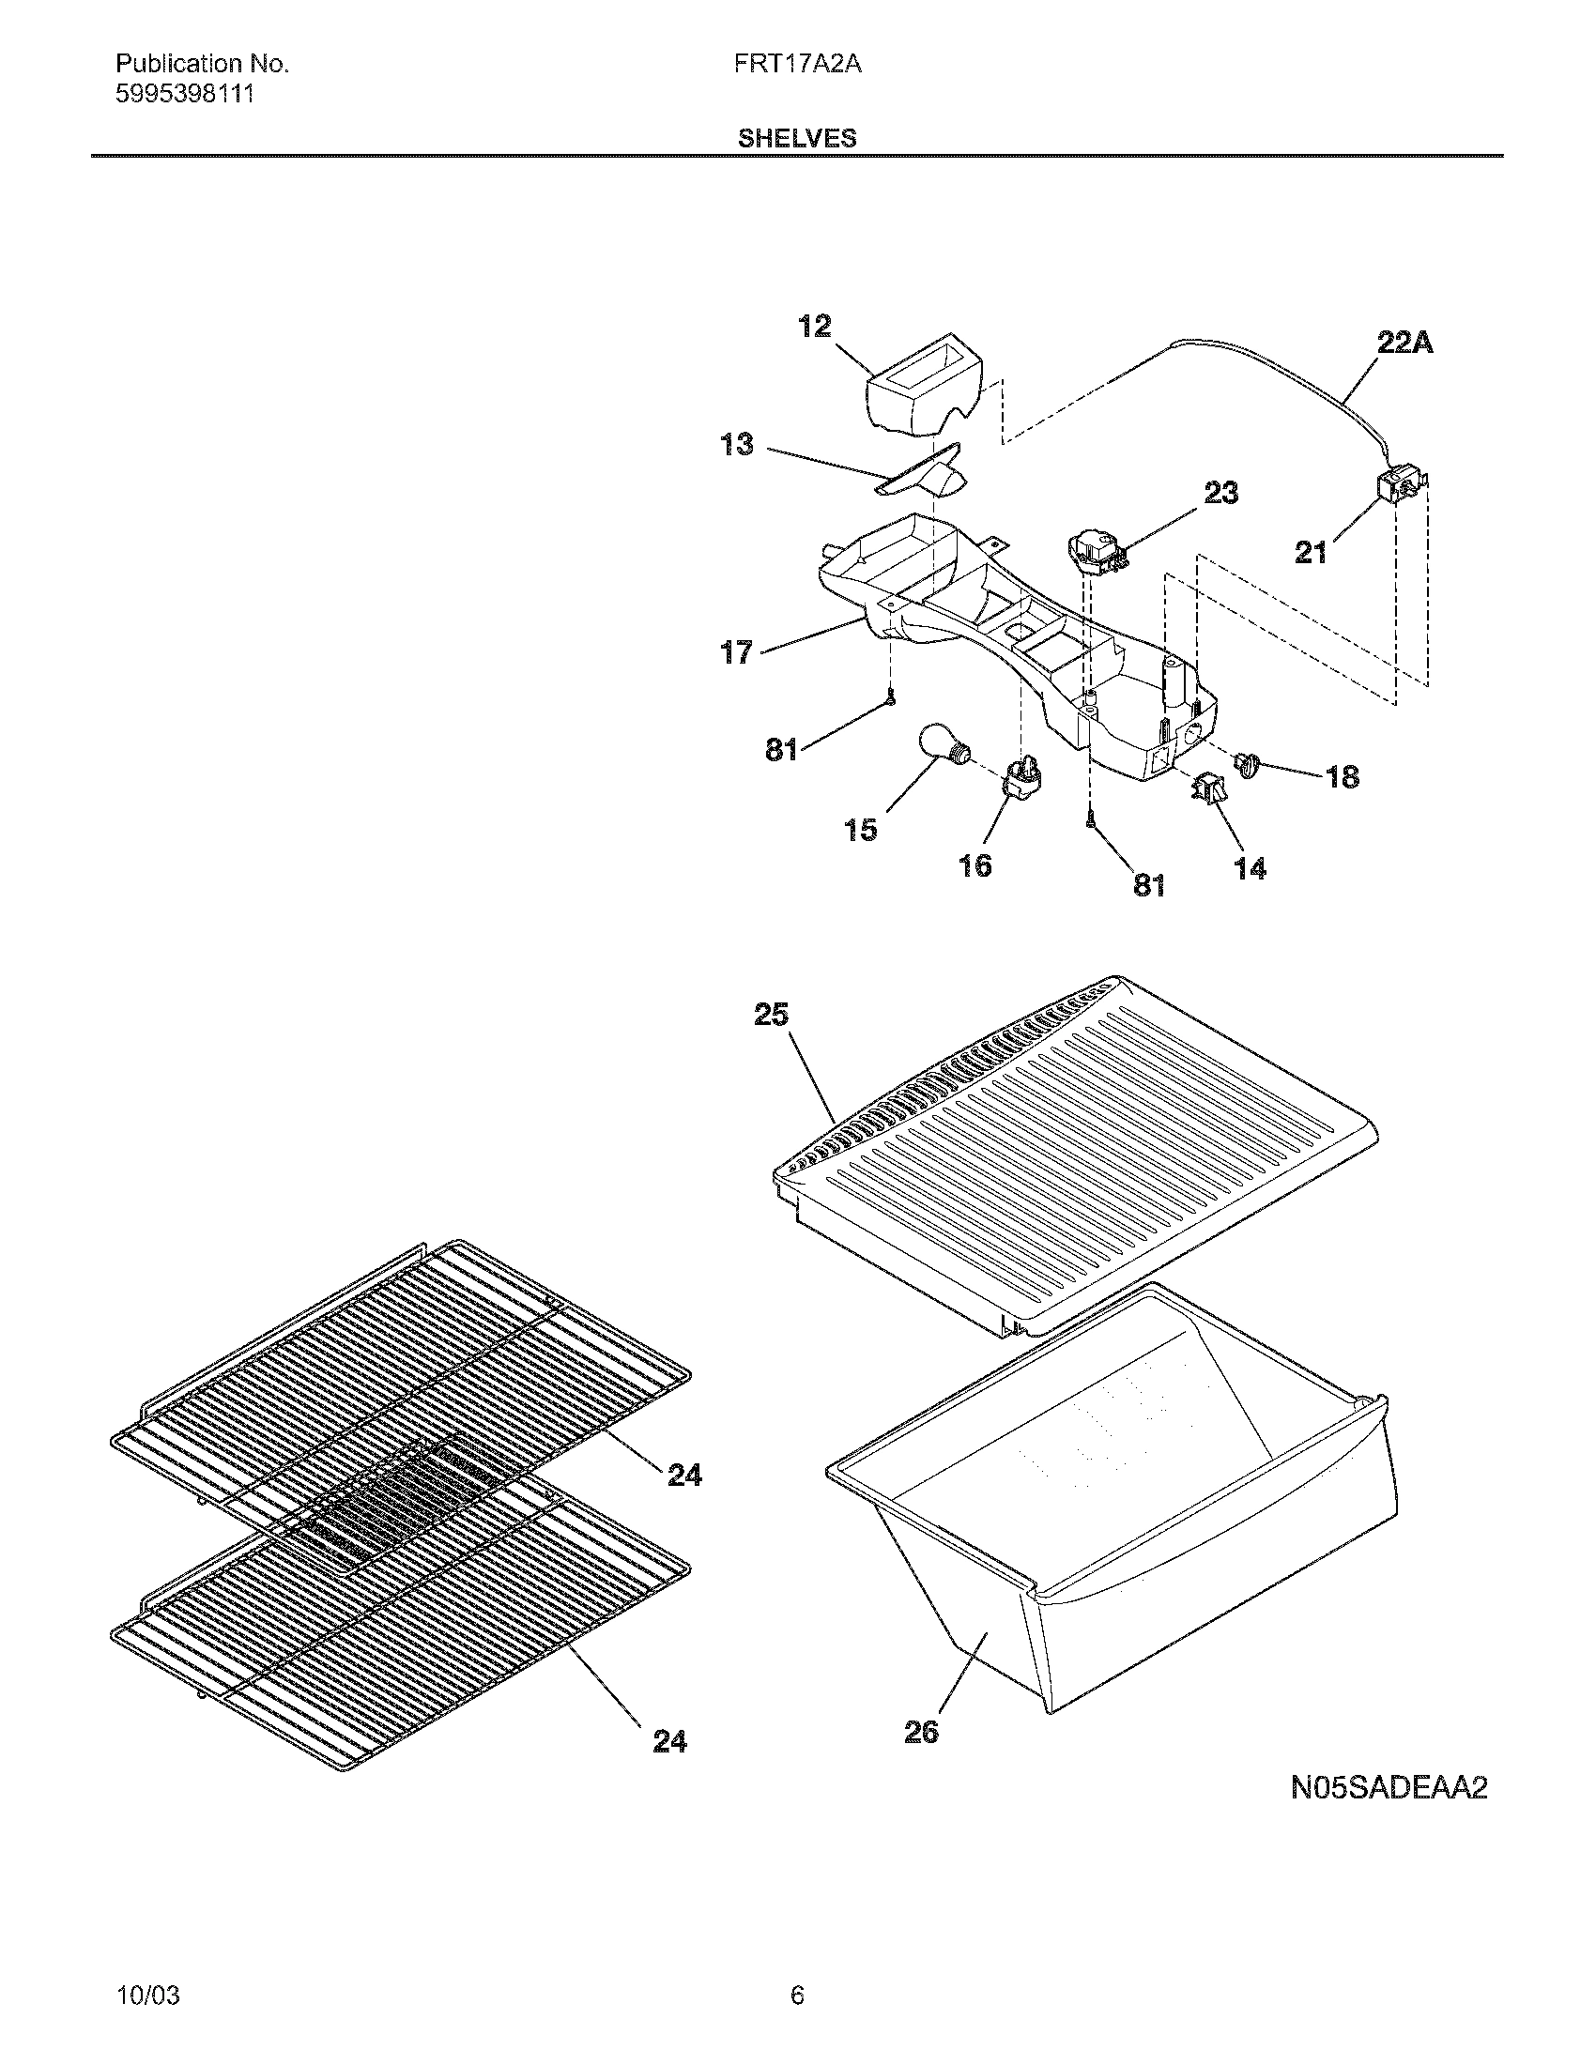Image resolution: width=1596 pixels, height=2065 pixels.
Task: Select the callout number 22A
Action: (x=1404, y=344)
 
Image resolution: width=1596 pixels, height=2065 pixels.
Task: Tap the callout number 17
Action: (x=737, y=651)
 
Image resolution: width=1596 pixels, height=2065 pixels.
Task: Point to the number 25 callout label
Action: (x=771, y=1015)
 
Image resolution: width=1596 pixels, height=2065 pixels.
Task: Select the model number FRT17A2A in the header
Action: (x=797, y=64)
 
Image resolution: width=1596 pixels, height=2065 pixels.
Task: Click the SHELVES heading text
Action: (x=796, y=139)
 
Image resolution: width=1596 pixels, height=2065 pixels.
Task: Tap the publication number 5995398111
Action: (x=184, y=95)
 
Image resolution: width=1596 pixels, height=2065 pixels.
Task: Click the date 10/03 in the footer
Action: (x=147, y=1969)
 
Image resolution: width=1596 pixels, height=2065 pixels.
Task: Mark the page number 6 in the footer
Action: (x=797, y=1969)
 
